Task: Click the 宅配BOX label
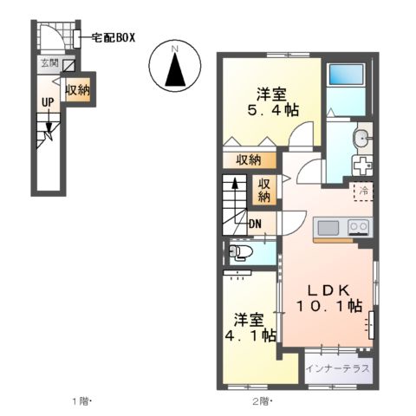pyautogui.click(x=112, y=38)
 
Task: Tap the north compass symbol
pyautogui.click(x=174, y=67)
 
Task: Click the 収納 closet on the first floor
pyautogui.click(x=77, y=90)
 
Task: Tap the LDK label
pyautogui.click(x=325, y=289)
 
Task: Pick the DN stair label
pyautogui.click(x=256, y=225)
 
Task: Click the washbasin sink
pyautogui.click(x=361, y=139)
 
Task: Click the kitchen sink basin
pyautogui.click(x=328, y=227)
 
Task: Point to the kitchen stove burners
pyautogui.click(x=358, y=227)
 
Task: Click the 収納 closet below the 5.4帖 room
pyautogui.click(x=249, y=159)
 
